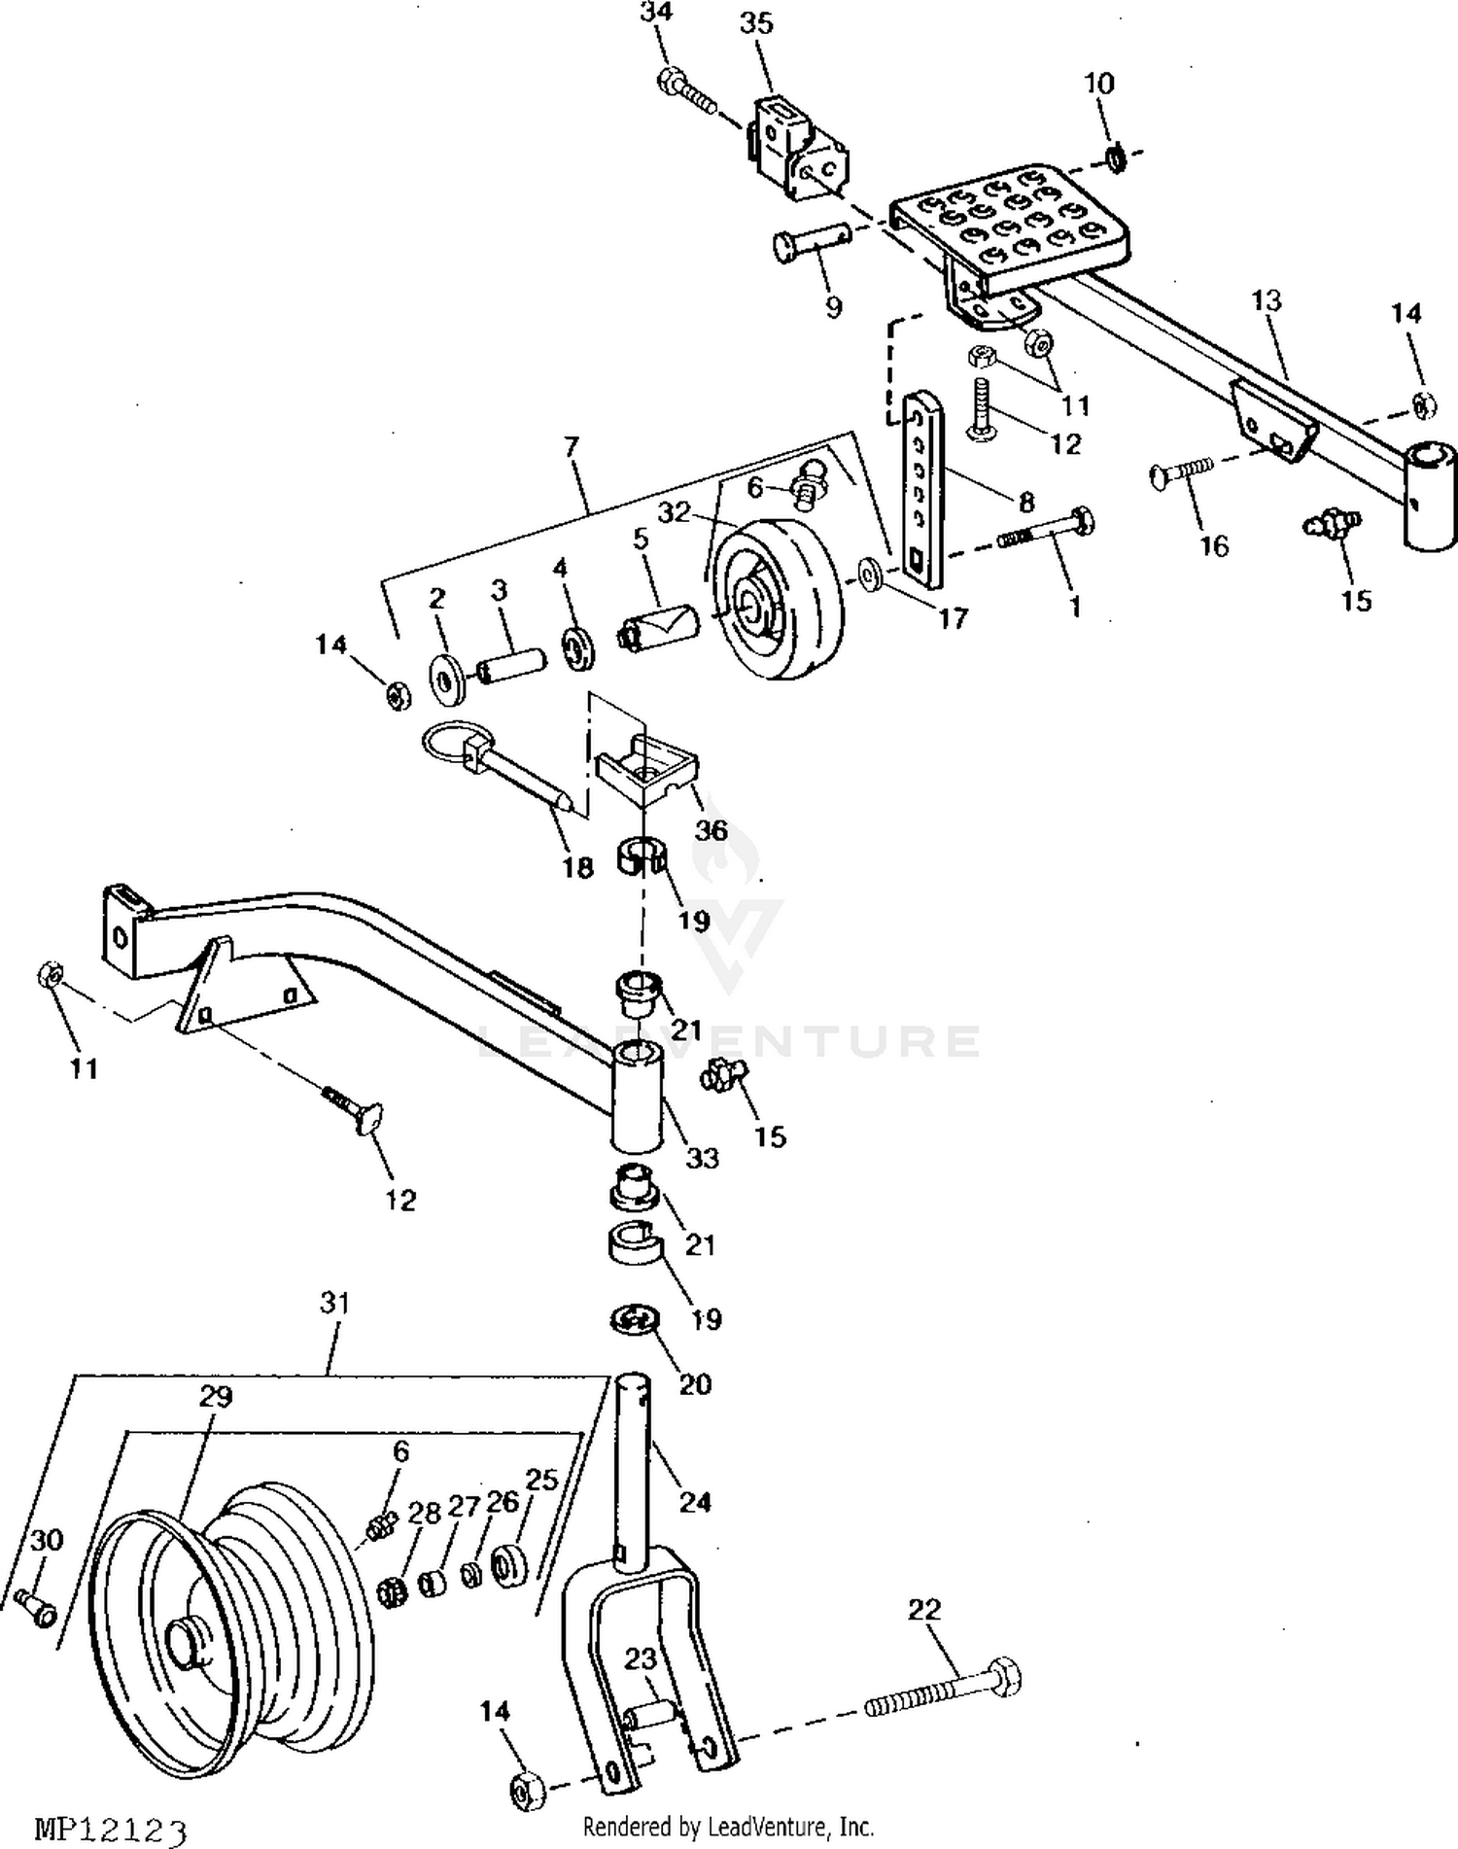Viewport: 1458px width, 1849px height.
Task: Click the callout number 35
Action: [756, 23]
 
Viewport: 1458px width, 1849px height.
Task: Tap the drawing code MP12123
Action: [110, 1829]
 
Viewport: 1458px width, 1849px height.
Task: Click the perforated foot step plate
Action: [1011, 225]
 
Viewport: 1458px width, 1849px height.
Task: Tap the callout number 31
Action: [334, 1303]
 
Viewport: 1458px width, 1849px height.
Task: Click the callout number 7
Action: [572, 447]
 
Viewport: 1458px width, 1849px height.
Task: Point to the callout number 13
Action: [1267, 300]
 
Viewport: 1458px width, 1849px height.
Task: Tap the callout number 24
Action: [695, 1502]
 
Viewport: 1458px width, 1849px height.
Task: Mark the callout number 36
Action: [712, 829]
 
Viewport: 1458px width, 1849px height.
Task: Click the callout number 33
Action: [702, 1158]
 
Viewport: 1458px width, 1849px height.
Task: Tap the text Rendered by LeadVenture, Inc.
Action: [728, 1827]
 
